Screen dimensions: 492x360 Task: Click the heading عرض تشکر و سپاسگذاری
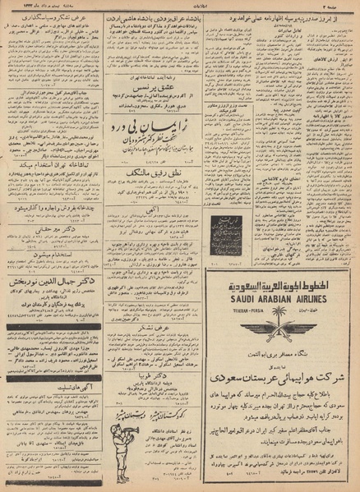[52, 15]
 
